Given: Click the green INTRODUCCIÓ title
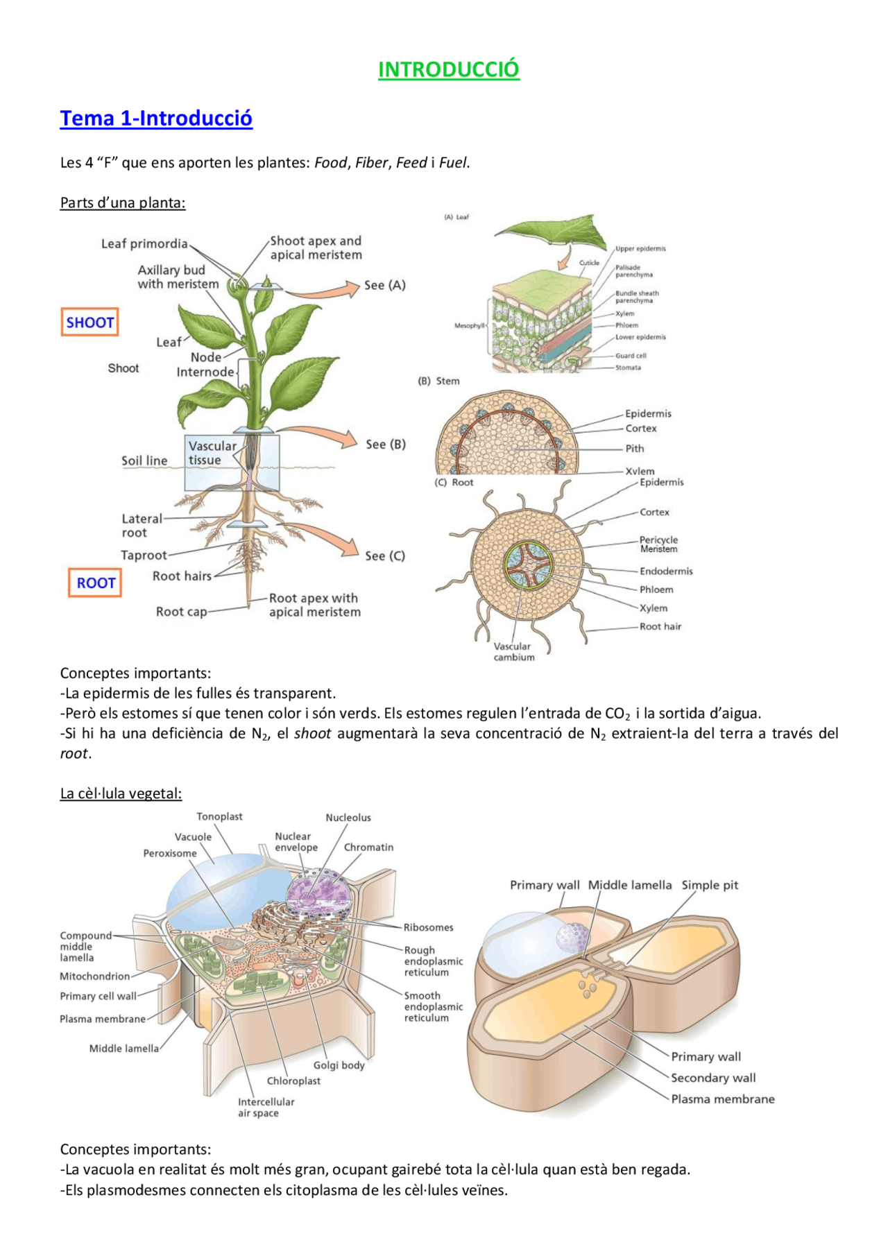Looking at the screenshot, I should (448, 69).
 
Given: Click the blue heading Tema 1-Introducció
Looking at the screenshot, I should (156, 119).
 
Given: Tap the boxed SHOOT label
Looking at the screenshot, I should (89, 322).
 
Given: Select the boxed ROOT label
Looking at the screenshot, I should (95, 583).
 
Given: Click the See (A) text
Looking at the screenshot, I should (385, 285).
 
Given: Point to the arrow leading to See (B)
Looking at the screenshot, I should (319, 435).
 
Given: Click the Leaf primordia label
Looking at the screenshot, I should (144, 244).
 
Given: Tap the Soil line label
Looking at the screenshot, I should (144, 461).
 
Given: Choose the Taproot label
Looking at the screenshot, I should (144, 556).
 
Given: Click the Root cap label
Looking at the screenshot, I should (181, 612).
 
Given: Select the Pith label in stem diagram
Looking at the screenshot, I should (635, 449).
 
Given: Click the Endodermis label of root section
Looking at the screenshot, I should (666, 571).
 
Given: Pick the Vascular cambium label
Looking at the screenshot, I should (514, 652).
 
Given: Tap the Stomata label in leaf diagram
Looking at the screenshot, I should (628, 368).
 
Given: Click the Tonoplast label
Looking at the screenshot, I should (219, 817).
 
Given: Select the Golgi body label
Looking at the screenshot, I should (339, 1065).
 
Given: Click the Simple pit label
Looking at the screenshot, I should (710, 885).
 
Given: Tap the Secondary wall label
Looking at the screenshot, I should (713, 1078).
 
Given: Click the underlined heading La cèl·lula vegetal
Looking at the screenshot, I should (121, 793).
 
